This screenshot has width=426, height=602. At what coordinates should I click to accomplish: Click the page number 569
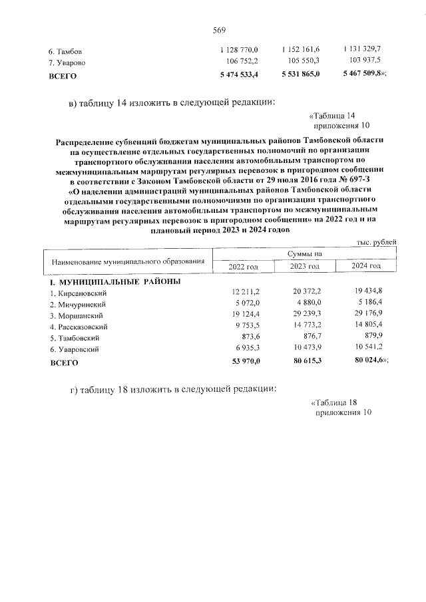pyautogui.click(x=219, y=30)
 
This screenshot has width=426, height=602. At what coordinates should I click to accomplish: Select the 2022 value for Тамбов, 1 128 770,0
pyautogui.click(x=238, y=51)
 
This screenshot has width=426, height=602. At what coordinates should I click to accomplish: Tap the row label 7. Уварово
pyautogui.click(x=68, y=63)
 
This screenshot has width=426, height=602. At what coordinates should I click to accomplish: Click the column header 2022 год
pyautogui.click(x=243, y=266)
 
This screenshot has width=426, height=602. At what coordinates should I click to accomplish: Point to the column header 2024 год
pyautogui.click(x=366, y=266)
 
